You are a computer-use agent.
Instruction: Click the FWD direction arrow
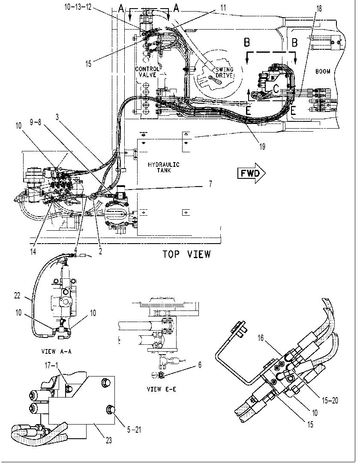click(x=251, y=173)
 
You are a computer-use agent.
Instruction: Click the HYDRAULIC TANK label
click(x=164, y=168)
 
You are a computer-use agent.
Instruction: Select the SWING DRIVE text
click(x=224, y=72)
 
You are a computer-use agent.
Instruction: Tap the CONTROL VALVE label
click(x=147, y=72)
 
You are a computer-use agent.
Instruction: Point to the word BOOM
click(x=322, y=71)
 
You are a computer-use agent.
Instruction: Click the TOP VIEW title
click(x=187, y=254)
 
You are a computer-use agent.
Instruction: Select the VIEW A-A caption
click(x=56, y=352)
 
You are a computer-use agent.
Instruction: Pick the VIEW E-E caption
click(x=162, y=389)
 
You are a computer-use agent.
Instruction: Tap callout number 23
click(x=108, y=440)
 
